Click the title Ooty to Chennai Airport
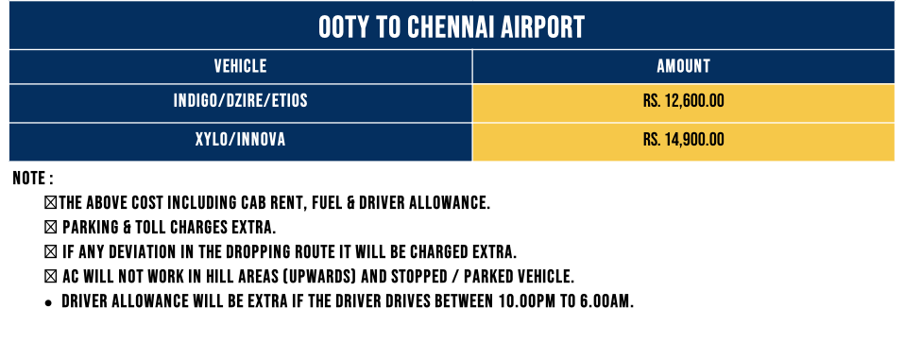tap(452, 26)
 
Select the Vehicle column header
tap(241, 66)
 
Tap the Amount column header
tap(683, 66)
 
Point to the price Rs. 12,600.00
tap(683, 102)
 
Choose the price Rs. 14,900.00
tap(683, 140)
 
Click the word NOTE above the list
tap(29, 179)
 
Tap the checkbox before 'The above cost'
tap(51, 203)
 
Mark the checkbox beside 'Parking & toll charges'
tap(51, 228)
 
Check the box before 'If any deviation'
tap(51, 252)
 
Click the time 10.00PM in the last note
tap(525, 302)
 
